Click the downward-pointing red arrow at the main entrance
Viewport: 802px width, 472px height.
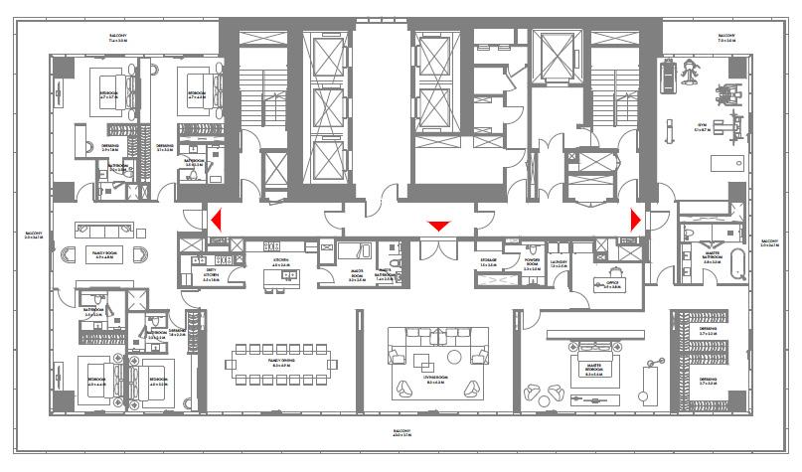point(437,227)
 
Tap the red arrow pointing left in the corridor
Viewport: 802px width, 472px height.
point(213,220)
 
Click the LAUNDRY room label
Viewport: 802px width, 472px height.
point(559,265)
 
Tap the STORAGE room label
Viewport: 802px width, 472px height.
point(488,263)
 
